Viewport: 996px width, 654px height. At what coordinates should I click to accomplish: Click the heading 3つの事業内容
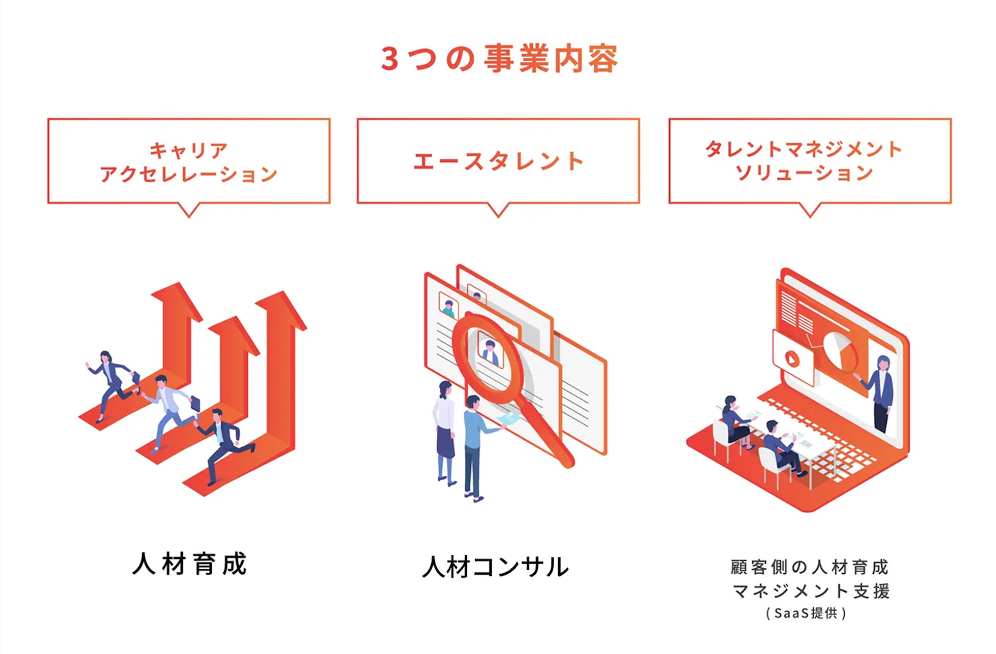(499, 59)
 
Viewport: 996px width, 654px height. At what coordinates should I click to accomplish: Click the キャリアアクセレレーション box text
(188, 162)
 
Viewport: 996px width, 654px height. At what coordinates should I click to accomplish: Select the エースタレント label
(498, 161)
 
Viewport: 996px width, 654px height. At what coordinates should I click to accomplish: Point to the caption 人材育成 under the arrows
(189, 564)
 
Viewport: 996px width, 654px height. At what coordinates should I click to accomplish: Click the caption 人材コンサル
(495, 567)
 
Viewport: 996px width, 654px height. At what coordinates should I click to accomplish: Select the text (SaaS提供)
(807, 613)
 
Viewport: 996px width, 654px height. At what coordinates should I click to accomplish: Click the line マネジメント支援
(810, 591)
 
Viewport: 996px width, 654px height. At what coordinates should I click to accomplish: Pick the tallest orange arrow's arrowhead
(281, 309)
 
